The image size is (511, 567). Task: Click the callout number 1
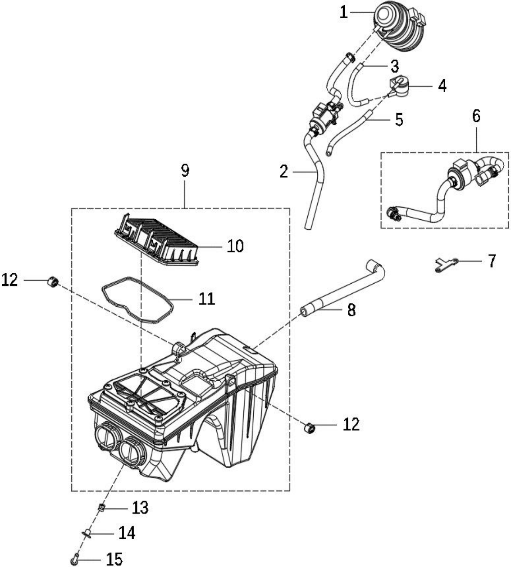[343, 13]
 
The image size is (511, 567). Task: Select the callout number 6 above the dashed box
[476, 116]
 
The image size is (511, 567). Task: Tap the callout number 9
[185, 171]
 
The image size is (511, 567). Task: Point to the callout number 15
[114, 559]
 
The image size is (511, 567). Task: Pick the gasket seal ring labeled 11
[138, 300]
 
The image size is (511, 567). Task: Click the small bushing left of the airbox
[53, 282]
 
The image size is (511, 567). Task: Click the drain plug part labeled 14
[87, 533]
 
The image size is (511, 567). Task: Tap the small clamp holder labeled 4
[399, 86]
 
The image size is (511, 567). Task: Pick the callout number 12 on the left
[10, 280]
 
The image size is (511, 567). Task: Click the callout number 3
[395, 66]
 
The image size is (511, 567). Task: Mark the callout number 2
[284, 171]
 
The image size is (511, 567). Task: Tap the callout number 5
[399, 120]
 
